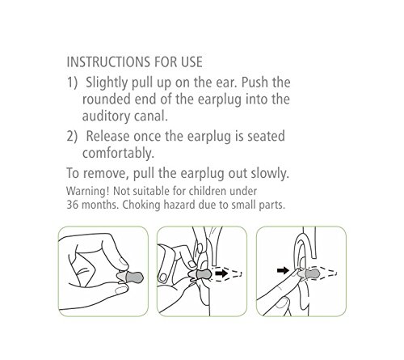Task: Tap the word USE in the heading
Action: coord(191,62)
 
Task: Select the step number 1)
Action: coord(72,83)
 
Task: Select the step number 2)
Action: coord(72,136)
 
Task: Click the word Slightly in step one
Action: coord(107,83)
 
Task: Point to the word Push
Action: coord(255,83)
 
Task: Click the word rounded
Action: coord(106,99)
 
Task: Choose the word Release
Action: coord(107,136)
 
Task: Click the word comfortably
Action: coord(118,153)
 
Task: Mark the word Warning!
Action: coord(87,191)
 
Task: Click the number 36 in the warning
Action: coord(72,205)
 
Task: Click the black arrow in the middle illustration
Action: coord(221,273)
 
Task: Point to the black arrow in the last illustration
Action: coord(283,270)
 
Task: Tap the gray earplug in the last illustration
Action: coord(309,274)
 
